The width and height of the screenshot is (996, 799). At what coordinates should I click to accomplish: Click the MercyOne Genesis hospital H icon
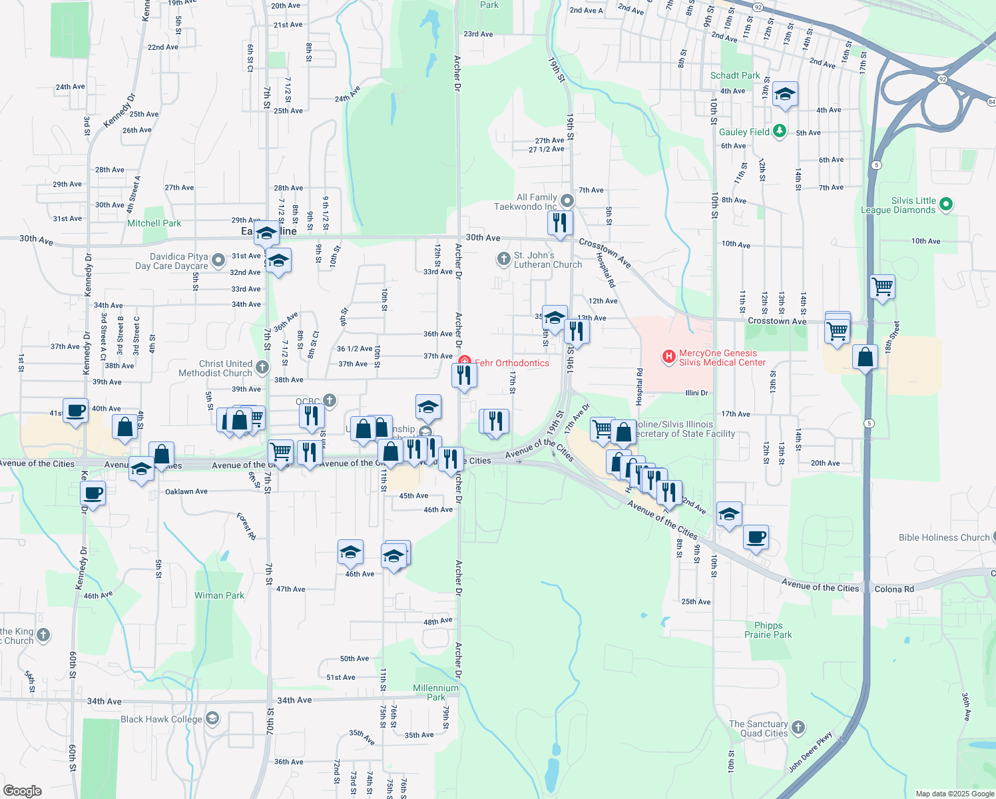(x=668, y=357)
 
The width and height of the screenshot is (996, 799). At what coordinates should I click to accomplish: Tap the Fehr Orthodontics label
(x=512, y=363)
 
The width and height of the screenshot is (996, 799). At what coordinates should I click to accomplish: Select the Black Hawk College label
(x=161, y=719)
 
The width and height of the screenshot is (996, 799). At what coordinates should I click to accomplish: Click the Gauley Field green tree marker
(x=780, y=131)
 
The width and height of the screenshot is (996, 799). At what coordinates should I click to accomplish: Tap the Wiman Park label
(x=219, y=595)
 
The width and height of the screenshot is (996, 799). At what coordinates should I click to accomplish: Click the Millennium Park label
(x=435, y=692)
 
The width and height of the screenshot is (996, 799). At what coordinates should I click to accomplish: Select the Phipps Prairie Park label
(x=768, y=630)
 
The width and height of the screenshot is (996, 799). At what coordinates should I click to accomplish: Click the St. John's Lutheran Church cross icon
(x=504, y=258)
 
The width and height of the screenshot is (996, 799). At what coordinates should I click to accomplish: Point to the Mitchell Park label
(x=154, y=223)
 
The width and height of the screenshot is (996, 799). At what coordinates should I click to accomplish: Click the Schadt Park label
(x=735, y=75)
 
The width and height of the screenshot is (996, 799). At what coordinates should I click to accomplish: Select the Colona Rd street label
(x=894, y=589)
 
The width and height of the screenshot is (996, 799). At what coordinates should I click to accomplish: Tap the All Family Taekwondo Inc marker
(x=567, y=200)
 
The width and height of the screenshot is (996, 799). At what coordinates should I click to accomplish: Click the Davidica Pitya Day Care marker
(x=218, y=260)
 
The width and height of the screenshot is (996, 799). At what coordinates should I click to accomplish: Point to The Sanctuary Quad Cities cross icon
(x=798, y=727)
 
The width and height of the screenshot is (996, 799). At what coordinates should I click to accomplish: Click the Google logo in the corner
(x=23, y=790)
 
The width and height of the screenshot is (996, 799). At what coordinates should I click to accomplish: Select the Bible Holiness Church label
(x=944, y=537)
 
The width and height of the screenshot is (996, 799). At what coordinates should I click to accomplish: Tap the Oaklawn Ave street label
(x=186, y=491)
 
